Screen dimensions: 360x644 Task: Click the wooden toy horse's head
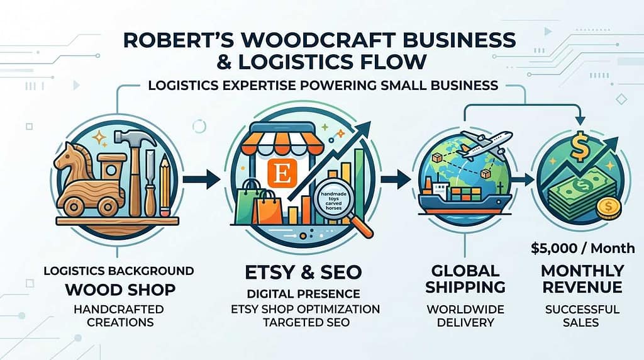pos(67,154)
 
